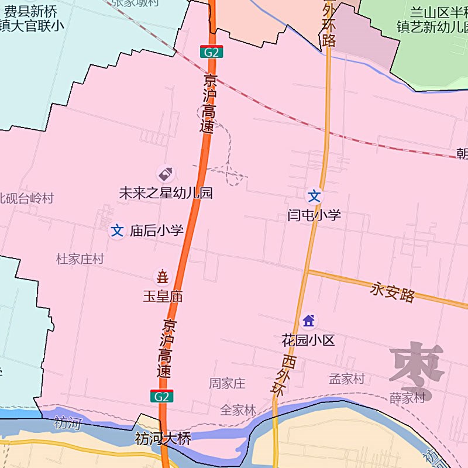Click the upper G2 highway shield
(x=211, y=52)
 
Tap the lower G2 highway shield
(x=162, y=396)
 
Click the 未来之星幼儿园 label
(x=166, y=193)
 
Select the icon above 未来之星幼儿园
(x=166, y=174)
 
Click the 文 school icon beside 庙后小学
(x=118, y=230)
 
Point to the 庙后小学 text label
(x=156, y=230)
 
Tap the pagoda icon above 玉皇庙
(x=162, y=276)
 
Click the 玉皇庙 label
(x=163, y=297)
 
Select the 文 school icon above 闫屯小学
(x=315, y=196)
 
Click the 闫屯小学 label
(x=314, y=215)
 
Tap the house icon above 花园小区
(x=308, y=321)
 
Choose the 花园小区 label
(x=308, y=340)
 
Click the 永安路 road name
(x=393, y=292)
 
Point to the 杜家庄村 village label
(x=80, y=259)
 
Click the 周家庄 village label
(x=228, y=384)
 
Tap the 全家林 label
(x=238, y=410)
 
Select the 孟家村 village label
(x=347, y=379)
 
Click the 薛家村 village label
(x=407, y=398)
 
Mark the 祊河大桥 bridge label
(x=163, y=438)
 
